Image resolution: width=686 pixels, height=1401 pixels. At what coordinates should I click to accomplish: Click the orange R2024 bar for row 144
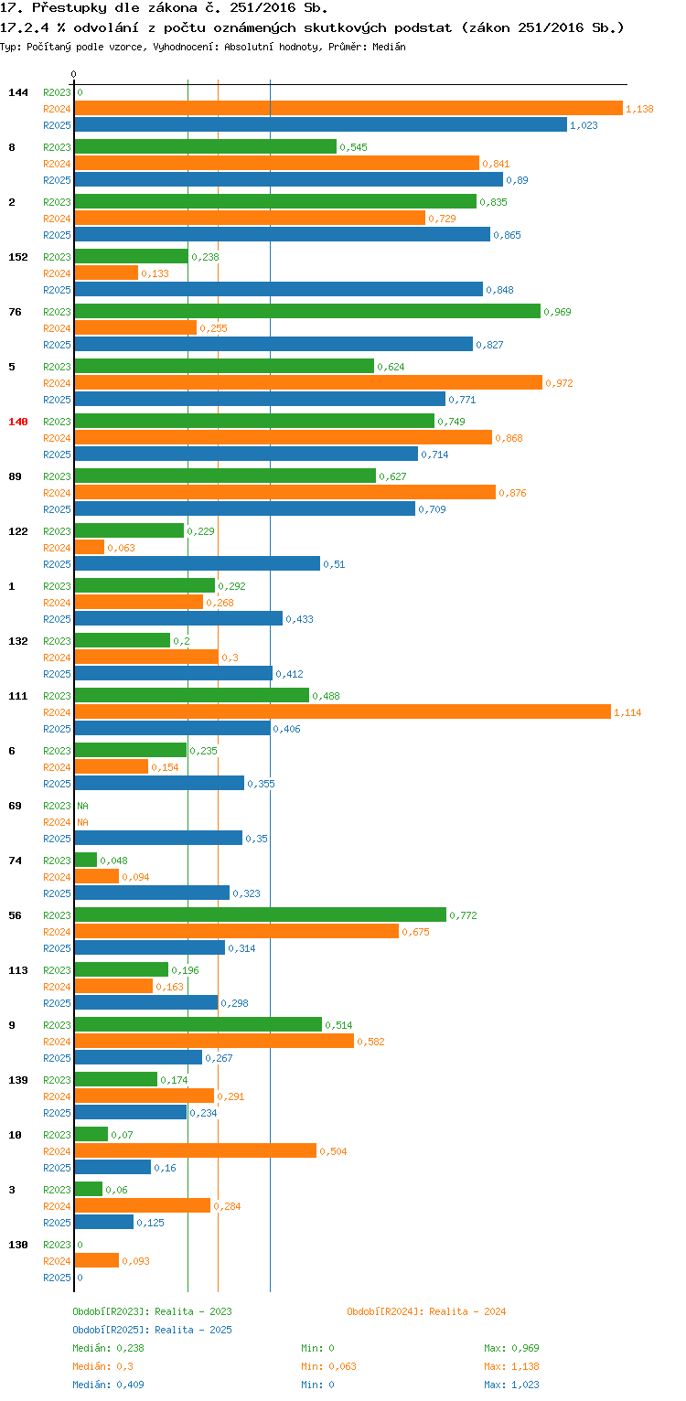[348, 109]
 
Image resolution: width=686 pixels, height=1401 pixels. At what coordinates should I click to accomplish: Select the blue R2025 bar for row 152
[278, 290]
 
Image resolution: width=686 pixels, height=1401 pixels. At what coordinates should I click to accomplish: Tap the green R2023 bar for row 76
[307, 312]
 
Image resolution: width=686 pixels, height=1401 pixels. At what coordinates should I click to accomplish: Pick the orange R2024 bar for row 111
[342, 712]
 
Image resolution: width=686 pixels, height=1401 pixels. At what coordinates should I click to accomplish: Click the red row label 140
[18, 422]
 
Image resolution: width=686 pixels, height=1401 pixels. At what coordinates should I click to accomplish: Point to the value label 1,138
[639, 109]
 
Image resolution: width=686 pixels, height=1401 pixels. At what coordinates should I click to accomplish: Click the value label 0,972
[559, 383]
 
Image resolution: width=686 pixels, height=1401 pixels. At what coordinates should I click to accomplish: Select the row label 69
[15, 806]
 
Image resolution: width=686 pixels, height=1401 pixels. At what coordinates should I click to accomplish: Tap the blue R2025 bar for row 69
[158, 839]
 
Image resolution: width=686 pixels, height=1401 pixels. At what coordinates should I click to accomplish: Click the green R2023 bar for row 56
[260, 915]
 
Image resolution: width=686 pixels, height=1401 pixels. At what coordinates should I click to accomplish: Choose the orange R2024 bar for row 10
[195, 1151]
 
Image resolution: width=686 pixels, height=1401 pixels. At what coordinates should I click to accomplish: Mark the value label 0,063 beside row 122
[121, 548]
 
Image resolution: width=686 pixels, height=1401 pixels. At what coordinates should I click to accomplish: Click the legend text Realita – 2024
[467, 1311]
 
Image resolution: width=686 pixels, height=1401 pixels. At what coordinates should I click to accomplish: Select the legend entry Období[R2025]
[111, 1330]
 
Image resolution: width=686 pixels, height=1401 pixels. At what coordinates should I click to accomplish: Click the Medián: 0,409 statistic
[108, 1385]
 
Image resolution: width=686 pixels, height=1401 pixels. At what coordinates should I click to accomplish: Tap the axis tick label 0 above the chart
[74, 74]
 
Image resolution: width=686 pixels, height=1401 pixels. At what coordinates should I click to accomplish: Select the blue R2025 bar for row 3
[103, 1223]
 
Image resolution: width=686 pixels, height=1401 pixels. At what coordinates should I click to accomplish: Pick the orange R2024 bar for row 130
[96, 1261]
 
